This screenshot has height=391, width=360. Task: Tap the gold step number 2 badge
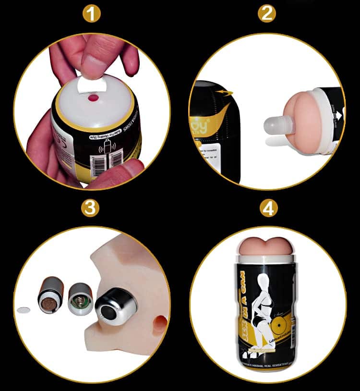[x=267, y=13]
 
